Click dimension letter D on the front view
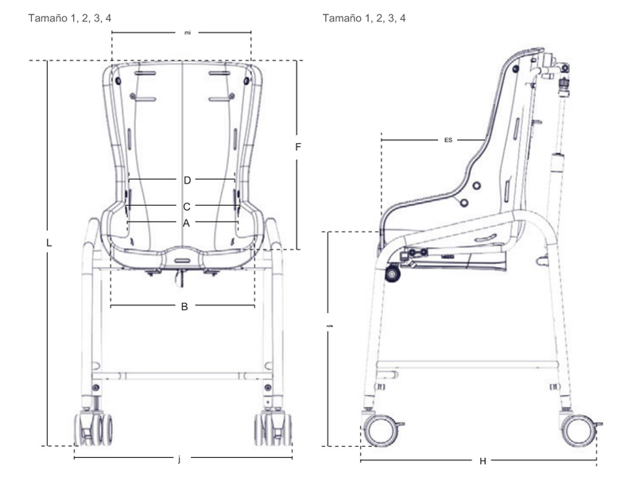[x=187, y=179]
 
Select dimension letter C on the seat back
[x=187, y=205]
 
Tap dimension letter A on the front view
[x=186, y=223]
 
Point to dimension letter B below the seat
[x=184, y=306]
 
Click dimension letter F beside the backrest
[x=297, y=147]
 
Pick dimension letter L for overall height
[x=49, y=244]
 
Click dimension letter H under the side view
[x=483, y=461]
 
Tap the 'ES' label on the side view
[x=448, y=140]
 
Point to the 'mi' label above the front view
[x=188, y=33]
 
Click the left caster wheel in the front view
[x=94, y=429]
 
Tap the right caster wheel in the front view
[x=273, y=429]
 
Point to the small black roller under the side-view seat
[x=392, y=274]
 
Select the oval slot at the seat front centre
[x=184, y=260]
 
